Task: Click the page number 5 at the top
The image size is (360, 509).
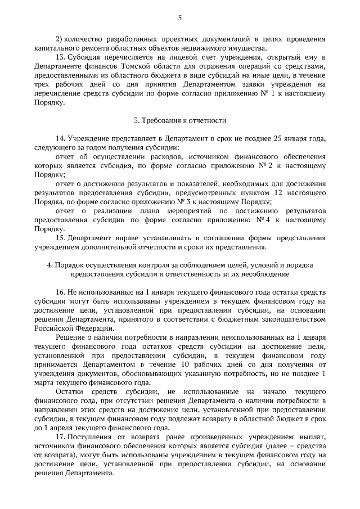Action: [179, 18]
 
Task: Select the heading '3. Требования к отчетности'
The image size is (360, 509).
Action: [179, 121]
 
